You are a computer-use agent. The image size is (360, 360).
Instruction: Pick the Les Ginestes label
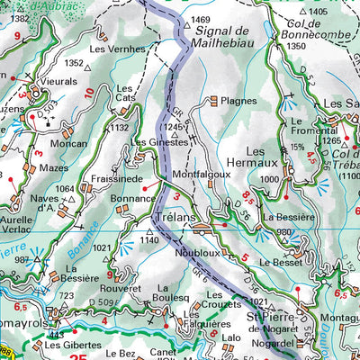[159, 142]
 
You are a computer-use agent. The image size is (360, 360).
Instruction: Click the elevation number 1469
[200, 19]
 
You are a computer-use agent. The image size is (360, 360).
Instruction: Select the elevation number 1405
[319, 11]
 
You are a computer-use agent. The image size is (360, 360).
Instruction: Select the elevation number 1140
[149, 241]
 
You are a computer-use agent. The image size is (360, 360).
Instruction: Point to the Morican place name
[69, 143]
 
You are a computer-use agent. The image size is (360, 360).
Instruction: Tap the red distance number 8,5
[248, 194]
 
